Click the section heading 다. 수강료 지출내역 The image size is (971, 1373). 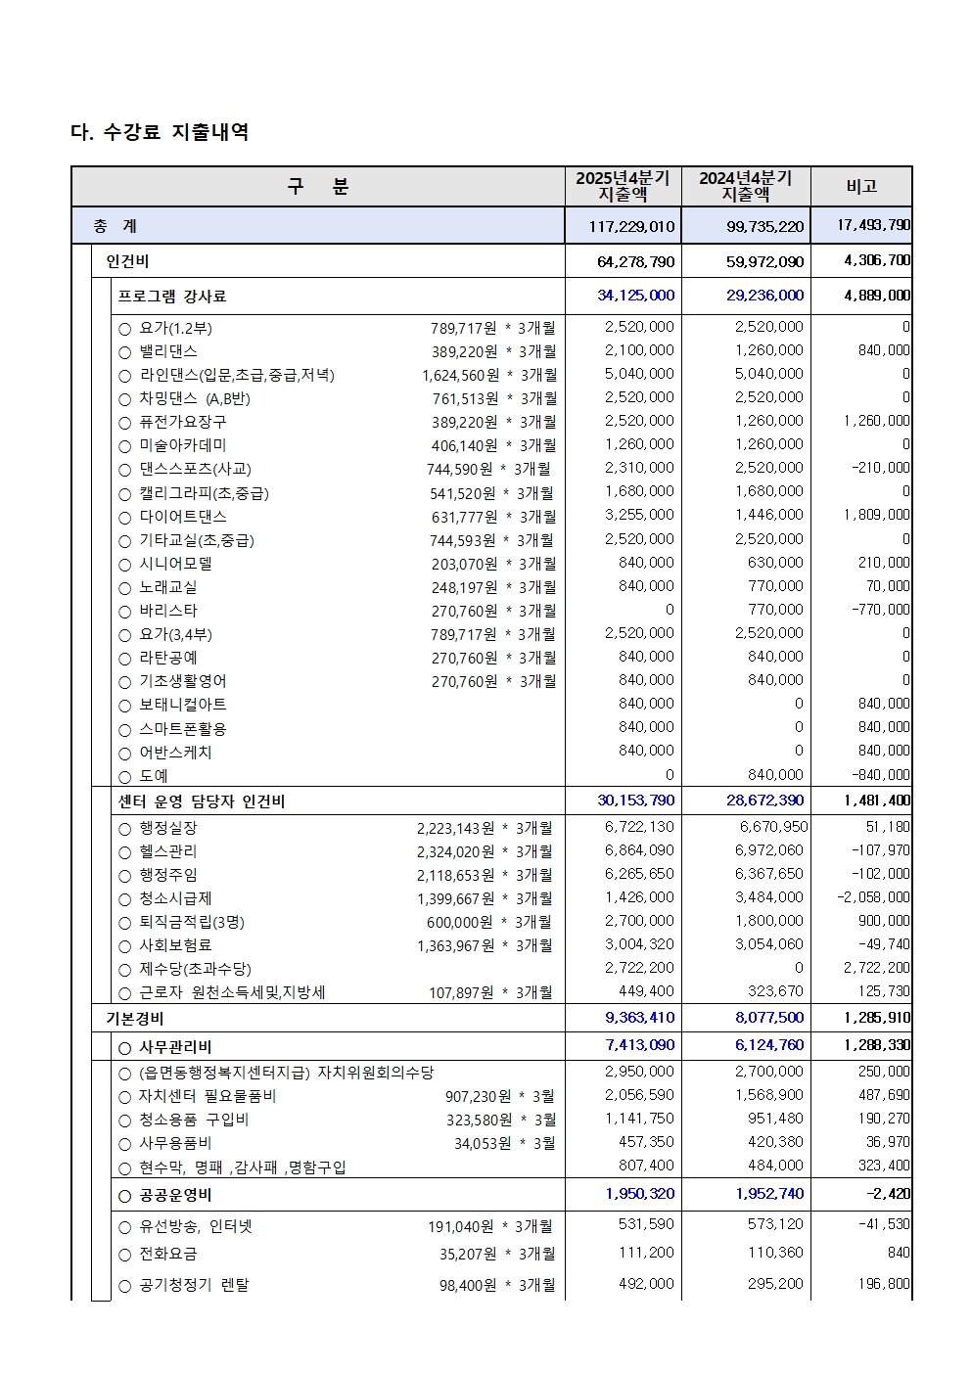point(160,132)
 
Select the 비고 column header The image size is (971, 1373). point(861,186)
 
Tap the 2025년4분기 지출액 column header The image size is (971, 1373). point(623,186)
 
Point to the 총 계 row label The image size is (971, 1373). point(116,226)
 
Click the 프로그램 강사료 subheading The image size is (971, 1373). point(172,297)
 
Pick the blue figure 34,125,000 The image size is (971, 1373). point(635,296)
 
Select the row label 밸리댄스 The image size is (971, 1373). point(168,351)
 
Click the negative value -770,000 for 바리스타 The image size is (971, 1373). point(880,610)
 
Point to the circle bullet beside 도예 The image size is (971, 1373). point(124,777)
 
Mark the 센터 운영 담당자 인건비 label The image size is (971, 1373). point(202,801)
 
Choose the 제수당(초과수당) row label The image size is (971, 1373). point(195,969)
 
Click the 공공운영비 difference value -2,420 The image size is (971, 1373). point(888,1194)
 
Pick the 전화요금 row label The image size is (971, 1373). point(167,1254)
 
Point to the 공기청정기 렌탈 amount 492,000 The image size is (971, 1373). point(646,1284)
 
